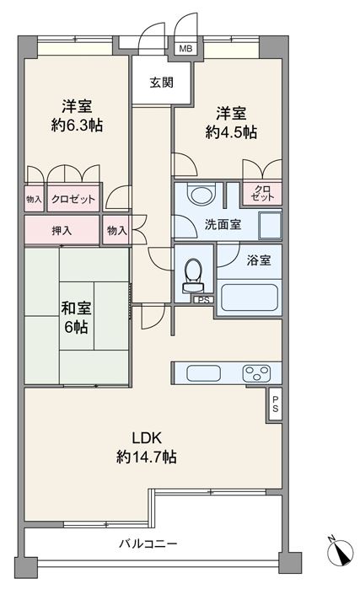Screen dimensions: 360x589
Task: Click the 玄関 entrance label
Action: pyautogui.click(x=162, y=83)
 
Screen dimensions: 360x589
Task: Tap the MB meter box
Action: pyautogui.click(x=185, y=49)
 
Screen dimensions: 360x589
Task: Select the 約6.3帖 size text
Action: pyautogui.click(x=77, y=125)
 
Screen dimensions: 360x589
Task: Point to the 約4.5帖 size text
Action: pyautogui.click(x=231, y=132)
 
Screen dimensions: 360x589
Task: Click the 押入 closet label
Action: pyautogui.click(x=62, y=230)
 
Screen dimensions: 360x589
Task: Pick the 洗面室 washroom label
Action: pyautogui.click(x=223, y=224)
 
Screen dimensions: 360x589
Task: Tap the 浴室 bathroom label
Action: pyautogui.click(x=259, y=260)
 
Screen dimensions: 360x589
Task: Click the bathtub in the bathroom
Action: pyautogui.click(x=250, y=297)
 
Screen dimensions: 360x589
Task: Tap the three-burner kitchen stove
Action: pyautogui.click(x=257, y=373)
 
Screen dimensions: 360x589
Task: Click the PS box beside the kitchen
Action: pyautogui.click(x=275, y=404)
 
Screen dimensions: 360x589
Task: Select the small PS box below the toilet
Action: pyautogui.click(x=204, y=300)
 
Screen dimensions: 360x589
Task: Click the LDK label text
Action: pyautogui.click(x=147, y=437)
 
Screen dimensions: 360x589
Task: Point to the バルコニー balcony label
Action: pyautogui.click(x=148, y=543)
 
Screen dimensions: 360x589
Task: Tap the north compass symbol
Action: pyautogui.click(x=340, y=552)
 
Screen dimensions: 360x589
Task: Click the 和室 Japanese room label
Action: pyautogui.click(x=76, y=308)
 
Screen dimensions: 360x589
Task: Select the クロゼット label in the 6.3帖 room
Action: pyautogui.click(x=73, y=199)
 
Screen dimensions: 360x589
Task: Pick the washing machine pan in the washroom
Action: pyautogui.click(x=270, y=225)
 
